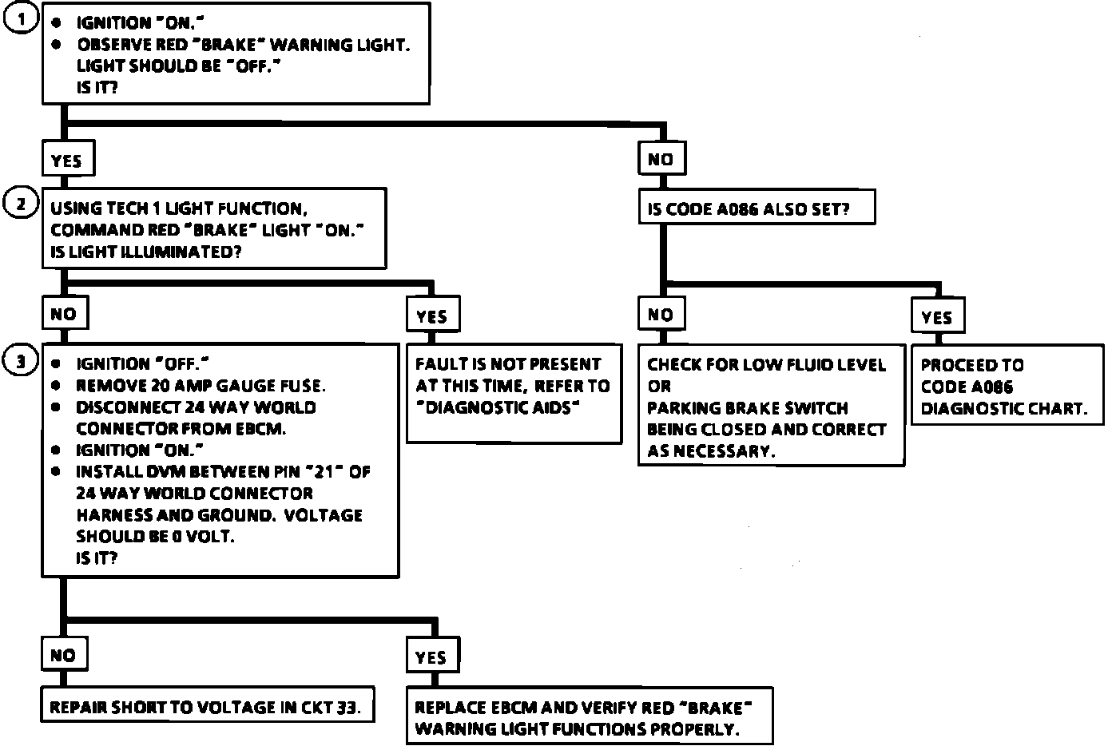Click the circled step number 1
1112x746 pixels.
[22, 19]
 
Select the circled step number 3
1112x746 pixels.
[22, 363]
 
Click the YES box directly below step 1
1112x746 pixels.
[66, 160]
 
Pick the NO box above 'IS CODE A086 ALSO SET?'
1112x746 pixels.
[661, 159]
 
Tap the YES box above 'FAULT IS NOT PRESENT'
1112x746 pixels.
[431, 316]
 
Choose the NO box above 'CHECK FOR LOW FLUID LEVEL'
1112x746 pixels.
[661, 315]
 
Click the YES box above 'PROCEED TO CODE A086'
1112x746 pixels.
[936, 317]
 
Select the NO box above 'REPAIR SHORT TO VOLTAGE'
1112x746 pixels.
[63, 656]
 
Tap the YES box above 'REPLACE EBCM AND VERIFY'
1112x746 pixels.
[431, 657]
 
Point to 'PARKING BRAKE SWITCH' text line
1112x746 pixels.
[747, 408]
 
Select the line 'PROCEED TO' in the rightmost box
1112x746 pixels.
[971, 365]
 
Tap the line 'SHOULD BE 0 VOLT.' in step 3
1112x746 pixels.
[155, 537]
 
